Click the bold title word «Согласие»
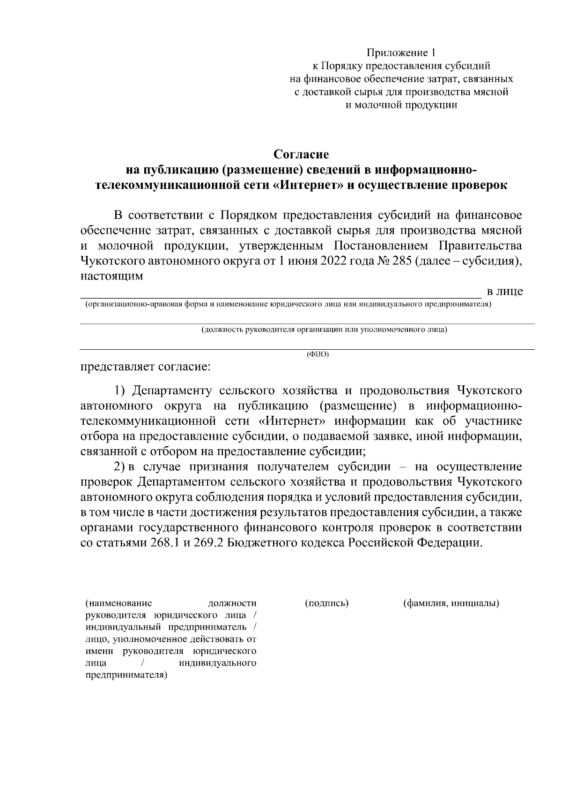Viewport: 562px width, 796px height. pyautogui.click(x=301, y=154)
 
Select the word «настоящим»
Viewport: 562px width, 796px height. pyautogui.click(x=111, y=276)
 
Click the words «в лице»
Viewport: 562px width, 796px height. pyautogui.click(x=505, y=292)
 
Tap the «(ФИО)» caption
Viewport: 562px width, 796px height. pyautogui.click(x=318, y=354)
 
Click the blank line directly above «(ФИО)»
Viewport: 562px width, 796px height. pyautogui.click(x=307, y=349)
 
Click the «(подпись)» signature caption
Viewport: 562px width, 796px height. pyautogui.click(x=326, y=603)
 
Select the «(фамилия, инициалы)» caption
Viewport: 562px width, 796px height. pyautogui.click(x=451, y=603)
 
